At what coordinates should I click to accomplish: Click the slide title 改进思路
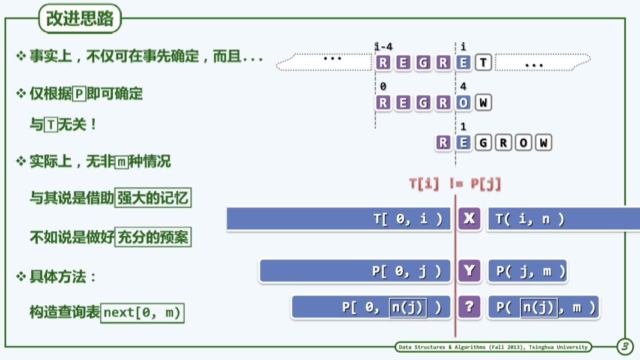80,19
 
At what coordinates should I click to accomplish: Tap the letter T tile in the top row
483,62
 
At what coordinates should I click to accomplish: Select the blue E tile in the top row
463,62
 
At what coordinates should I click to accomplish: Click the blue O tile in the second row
463,103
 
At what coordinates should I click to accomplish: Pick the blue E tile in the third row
463,143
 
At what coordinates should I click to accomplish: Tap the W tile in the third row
543,143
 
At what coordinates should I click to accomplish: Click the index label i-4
384,47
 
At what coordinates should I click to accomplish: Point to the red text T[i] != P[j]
455,184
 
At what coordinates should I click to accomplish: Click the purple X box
469,219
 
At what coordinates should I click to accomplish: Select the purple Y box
469,272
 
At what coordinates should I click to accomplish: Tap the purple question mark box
469,307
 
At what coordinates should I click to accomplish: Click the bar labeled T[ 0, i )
339,219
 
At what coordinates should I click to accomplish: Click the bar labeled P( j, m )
528,272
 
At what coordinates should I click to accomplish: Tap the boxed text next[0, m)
142,313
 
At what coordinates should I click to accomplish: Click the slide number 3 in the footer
625,346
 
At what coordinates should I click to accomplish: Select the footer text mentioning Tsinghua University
493,347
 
